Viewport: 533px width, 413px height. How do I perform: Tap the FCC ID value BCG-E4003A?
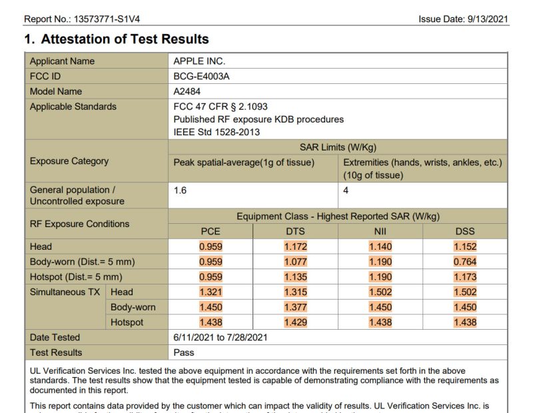(201, 76)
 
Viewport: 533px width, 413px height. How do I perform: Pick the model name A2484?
(187, 91)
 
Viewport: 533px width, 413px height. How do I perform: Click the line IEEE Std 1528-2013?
(216, 132)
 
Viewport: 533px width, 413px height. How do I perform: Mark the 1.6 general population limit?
(180, 190)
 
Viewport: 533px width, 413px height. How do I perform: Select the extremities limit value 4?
(346, 190)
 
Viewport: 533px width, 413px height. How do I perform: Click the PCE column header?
(211, 231)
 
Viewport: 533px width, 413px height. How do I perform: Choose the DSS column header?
(465, 231)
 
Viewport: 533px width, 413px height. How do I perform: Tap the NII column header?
(380, 231)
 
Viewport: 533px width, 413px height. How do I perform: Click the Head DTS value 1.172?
(296, 246)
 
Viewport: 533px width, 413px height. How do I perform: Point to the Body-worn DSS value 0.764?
(465, 262)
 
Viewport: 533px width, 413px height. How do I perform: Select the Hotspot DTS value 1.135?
(296, 277)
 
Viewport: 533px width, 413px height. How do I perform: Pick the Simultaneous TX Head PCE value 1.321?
(211, 292)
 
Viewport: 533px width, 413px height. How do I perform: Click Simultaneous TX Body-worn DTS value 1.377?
(296, 307)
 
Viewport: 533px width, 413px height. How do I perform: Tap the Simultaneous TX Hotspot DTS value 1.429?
(296, 322)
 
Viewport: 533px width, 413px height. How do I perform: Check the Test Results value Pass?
(184, 352)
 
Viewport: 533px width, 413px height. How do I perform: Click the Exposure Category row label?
(69, 161)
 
